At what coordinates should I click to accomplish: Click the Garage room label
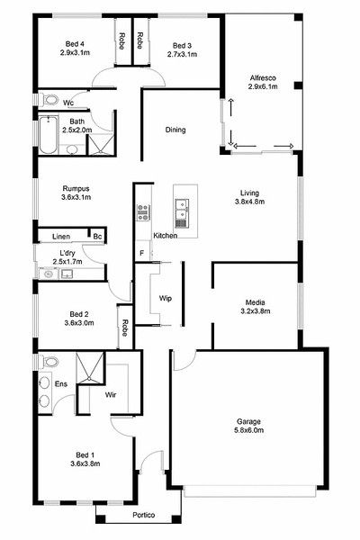click(248, 421)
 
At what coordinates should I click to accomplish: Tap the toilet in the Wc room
click(50, 100)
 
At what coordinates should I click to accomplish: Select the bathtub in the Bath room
click(48, 135)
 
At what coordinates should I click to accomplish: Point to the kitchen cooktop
click(143, 212)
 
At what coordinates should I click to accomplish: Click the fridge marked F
click(141, 253)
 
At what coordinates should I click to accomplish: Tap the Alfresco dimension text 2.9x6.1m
click(263, 86)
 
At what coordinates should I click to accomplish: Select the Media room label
click(256, 302)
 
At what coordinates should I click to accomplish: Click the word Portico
click(144, 515)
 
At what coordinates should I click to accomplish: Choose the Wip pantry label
click(166, 298)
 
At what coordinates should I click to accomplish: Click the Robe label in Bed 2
click(125, 328)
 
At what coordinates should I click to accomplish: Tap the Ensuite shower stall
click(90, 367)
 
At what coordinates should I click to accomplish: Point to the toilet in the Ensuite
click(50, 362)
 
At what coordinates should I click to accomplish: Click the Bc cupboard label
click(97, 236)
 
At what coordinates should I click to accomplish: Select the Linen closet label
click(61, 237)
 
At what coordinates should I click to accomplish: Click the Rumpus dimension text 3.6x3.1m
click(76, 197)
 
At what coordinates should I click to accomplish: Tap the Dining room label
click(175, 130)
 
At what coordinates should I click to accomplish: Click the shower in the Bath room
click(101, 144)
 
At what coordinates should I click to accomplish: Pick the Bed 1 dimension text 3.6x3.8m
click(85, 463)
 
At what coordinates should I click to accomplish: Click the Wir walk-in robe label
click(111, 395)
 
